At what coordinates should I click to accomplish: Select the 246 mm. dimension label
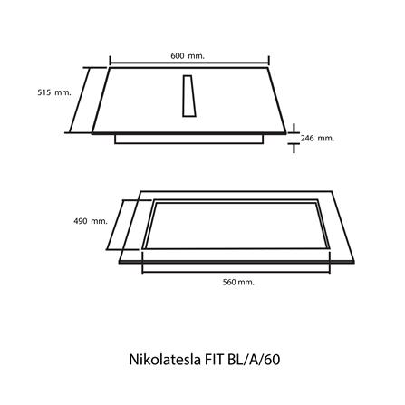[x=317, y=139]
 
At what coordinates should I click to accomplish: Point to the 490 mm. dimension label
[x=91, y=221]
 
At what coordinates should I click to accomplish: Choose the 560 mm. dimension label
[x=238, y=283]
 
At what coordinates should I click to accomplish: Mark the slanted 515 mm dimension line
[x=89, y=101]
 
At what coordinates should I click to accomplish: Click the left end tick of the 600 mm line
[x=110, y=64]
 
